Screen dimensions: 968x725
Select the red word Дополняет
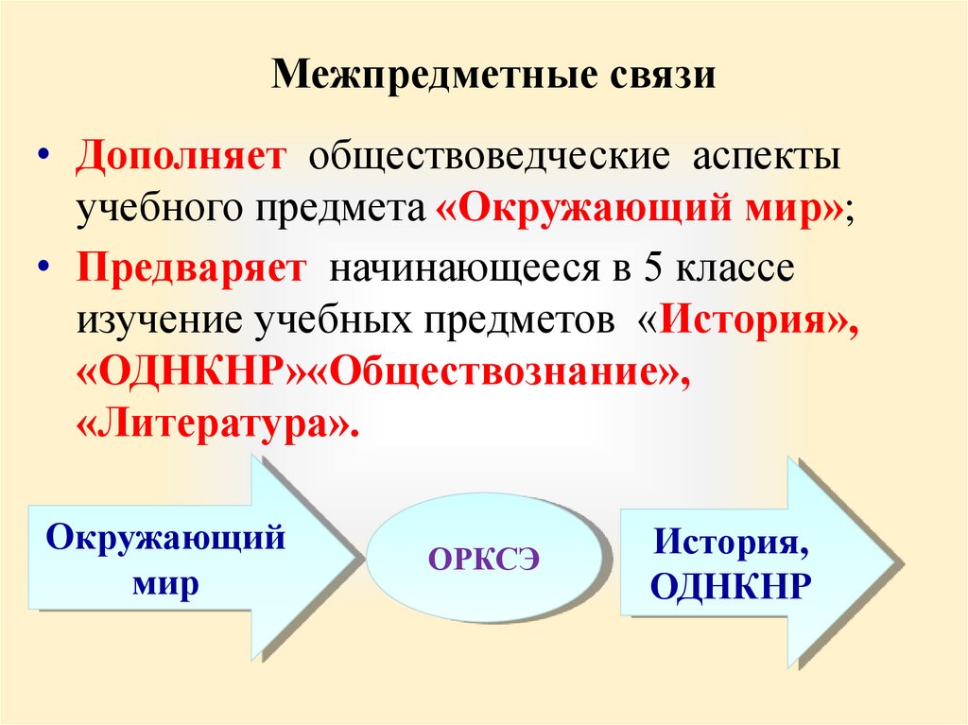click(181, 157)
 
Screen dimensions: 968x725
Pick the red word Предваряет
click(192, 268)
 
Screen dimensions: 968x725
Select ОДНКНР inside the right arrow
click(732, 587)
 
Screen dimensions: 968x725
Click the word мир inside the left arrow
click(165, 583)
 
